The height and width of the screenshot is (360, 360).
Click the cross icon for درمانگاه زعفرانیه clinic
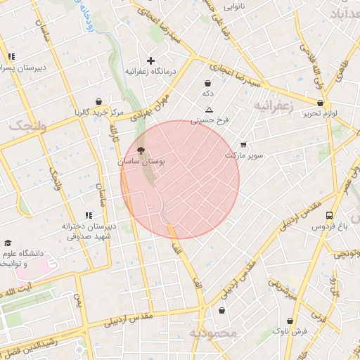point(150,60)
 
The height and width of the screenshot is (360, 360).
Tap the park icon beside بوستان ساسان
point(140,150)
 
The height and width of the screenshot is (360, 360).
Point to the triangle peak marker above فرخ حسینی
point(209,110)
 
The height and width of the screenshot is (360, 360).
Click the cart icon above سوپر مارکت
point(243,144)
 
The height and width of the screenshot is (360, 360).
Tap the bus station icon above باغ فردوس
point(330,215)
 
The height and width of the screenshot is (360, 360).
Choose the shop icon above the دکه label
point(208,83)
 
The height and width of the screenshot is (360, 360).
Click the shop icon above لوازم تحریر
point(320,103)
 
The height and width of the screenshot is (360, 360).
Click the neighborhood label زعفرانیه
point(271,105)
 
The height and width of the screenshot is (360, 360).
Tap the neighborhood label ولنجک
point(27,125)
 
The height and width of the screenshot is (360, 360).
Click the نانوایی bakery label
point(234,6)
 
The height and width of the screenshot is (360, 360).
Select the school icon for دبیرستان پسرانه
point(11,57)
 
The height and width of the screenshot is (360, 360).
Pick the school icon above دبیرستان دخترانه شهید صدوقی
point(89,215)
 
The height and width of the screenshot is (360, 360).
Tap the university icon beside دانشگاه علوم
point(8,243)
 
